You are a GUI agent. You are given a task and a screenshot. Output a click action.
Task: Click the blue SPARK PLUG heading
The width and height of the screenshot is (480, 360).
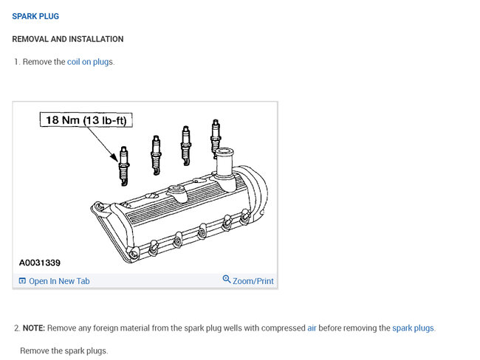coord(35,16)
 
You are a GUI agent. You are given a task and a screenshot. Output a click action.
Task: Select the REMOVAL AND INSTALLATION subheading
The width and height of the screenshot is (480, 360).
coord(68,39)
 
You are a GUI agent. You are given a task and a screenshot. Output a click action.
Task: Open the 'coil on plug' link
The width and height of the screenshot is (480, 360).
coord(88,62)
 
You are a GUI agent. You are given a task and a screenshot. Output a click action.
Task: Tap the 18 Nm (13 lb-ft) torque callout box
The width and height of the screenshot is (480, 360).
coord(86,120)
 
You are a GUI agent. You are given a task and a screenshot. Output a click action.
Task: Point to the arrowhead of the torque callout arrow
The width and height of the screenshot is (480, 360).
coord(114,158)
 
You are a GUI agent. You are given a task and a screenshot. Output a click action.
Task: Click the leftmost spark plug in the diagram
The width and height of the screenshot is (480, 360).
coord(124,166)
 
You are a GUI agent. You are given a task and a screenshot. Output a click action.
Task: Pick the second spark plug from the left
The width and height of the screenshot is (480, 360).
coord(156,155)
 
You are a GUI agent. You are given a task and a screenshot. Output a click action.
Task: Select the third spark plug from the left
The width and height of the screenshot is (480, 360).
coord(186,145)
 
